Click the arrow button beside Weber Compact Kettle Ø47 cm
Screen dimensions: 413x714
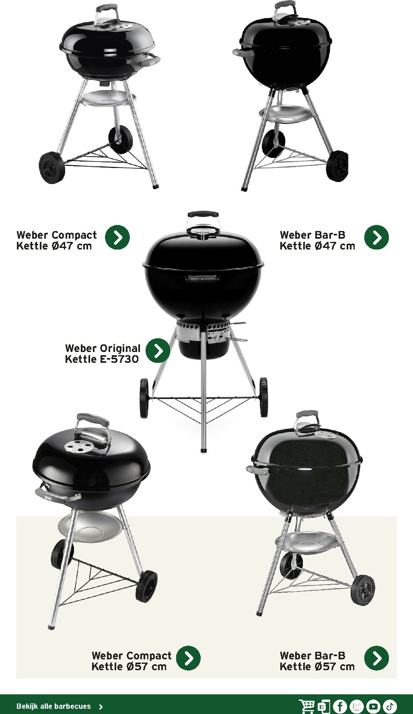[117, 237]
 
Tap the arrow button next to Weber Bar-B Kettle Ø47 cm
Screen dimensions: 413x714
[376, 237]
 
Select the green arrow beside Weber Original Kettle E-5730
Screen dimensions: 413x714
[158, 350]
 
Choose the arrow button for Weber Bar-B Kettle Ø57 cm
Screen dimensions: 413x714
[376, 658]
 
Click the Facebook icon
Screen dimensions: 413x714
[340, 706]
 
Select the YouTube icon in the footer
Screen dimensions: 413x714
[373, 706]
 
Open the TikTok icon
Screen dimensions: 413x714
[390, 706]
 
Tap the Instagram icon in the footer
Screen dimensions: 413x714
[357, 706]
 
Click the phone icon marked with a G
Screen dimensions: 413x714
[324, 706]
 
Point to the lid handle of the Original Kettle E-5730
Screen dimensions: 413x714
[203, 214]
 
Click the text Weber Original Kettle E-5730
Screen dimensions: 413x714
[102, 354]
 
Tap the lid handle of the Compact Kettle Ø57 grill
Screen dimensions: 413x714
[92, 421]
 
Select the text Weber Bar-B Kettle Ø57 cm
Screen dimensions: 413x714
[317, 661]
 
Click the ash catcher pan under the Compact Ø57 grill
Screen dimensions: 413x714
[88, 526]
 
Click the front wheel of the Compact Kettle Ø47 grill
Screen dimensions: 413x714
[51, 168]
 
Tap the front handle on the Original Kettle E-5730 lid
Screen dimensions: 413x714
[202, 278]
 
